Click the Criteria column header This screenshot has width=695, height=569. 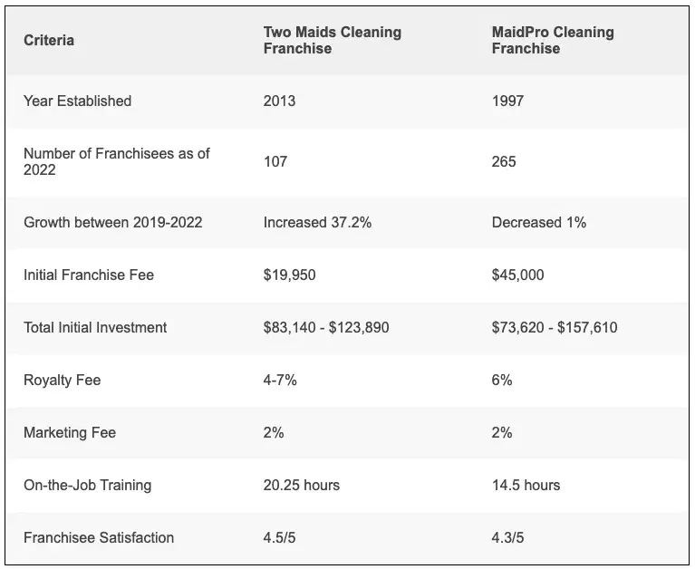49,41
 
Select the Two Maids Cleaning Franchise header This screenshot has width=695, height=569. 332,41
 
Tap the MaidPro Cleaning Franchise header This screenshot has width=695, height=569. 553,41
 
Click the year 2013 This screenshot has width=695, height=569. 279,101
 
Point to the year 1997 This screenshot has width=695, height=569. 507,101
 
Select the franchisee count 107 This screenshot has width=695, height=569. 275,162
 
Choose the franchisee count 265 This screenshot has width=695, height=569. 504,162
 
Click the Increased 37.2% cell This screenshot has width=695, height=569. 317,222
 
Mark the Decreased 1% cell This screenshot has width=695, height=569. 539,222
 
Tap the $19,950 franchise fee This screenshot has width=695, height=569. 289,275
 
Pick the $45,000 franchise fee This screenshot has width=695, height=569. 518,275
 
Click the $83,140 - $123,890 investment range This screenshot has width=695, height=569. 326,327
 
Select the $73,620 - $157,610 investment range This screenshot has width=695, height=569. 555,327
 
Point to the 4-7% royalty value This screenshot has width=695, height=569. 280,381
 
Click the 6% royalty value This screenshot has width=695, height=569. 502,381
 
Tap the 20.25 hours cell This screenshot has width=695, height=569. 302,486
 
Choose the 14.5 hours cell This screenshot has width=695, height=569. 526,486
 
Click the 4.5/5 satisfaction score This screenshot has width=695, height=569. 279,538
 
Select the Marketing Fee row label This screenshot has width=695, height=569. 70,433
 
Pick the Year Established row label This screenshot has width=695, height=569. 77,101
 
